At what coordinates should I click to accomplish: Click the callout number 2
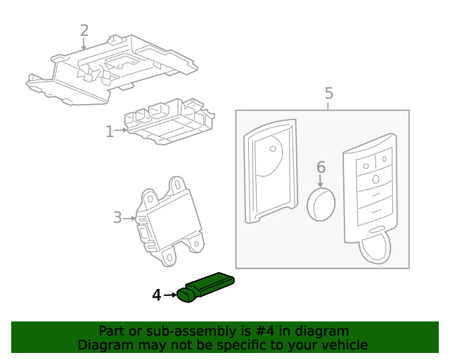[84, 30]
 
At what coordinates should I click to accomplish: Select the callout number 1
[110, 131]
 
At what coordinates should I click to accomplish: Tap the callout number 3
[117, 217]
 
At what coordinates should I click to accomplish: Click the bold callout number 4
[157, 295]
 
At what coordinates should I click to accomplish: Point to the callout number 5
[328, 93]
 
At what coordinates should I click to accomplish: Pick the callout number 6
[321, 167]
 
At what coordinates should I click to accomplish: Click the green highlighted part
[207, 285]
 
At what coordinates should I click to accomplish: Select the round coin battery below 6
[321, 203]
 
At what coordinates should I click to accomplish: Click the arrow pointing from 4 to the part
[171, 295]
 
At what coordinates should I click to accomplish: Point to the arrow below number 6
[321, 181]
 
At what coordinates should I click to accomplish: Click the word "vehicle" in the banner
[344, 345]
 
